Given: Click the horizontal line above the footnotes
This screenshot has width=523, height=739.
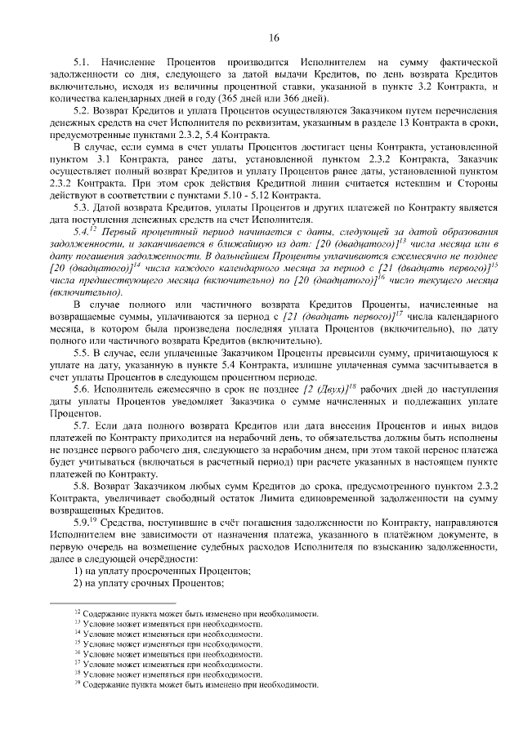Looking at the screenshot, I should click(123, 603).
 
